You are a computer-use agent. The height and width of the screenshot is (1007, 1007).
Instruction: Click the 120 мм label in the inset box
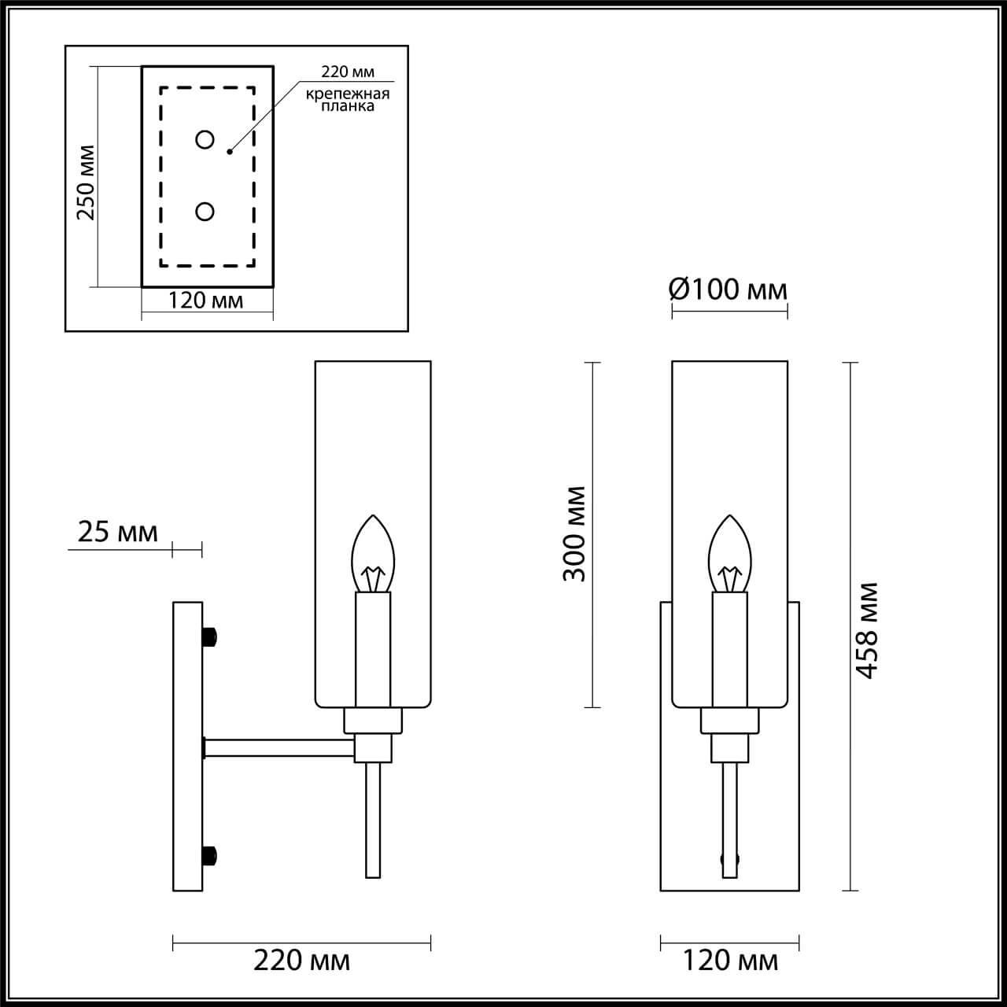206,301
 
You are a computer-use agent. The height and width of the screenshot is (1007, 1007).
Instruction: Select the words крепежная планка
348,100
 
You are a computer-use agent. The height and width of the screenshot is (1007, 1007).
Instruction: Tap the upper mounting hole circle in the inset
205,140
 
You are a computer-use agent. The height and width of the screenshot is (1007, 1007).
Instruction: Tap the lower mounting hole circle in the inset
205,212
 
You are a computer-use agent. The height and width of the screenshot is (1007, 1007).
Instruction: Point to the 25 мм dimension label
117,533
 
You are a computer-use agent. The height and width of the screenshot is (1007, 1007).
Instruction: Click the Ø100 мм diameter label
728,290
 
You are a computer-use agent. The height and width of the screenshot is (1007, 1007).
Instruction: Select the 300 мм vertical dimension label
575,533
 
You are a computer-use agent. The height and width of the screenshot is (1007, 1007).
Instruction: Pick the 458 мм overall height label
867,630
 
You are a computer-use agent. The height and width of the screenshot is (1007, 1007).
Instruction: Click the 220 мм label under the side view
301,961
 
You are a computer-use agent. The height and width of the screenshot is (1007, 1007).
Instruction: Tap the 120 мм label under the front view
729,961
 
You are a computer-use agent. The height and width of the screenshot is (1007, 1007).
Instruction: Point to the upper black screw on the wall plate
209,636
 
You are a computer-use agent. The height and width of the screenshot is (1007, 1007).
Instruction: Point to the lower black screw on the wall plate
209,855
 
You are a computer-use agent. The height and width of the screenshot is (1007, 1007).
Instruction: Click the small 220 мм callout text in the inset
348,72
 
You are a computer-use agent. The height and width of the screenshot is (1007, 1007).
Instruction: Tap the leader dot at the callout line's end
230,150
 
